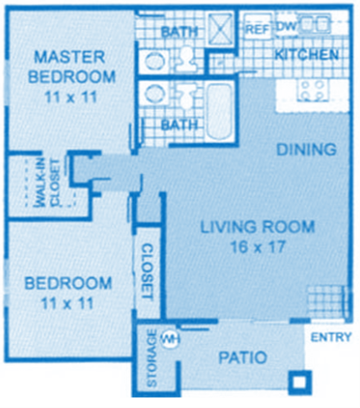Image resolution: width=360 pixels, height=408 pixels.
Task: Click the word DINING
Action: [x=306, y=151]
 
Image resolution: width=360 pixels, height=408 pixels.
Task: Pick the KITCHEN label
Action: [x=306, y=55]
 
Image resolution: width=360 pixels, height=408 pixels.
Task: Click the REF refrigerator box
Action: [x=258, y=28]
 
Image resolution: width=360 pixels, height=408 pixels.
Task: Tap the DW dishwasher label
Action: [x=286, y=27]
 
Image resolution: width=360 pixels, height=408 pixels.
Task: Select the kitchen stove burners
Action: [x=311, y=89]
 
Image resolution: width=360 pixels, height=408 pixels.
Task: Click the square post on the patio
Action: [x=299, y=379]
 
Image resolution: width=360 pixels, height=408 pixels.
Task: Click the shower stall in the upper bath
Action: [x=220, y=31]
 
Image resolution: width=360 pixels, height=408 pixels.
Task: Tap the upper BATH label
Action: [x=180, y=32]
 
